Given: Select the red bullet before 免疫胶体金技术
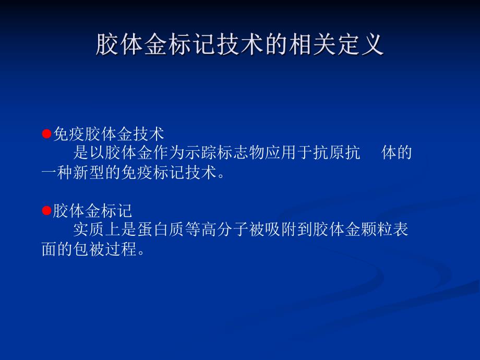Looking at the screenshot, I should pyautogui.click(x=46, y=135).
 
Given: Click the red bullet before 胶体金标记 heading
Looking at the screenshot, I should pyautogui.click(x=46, y=211).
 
